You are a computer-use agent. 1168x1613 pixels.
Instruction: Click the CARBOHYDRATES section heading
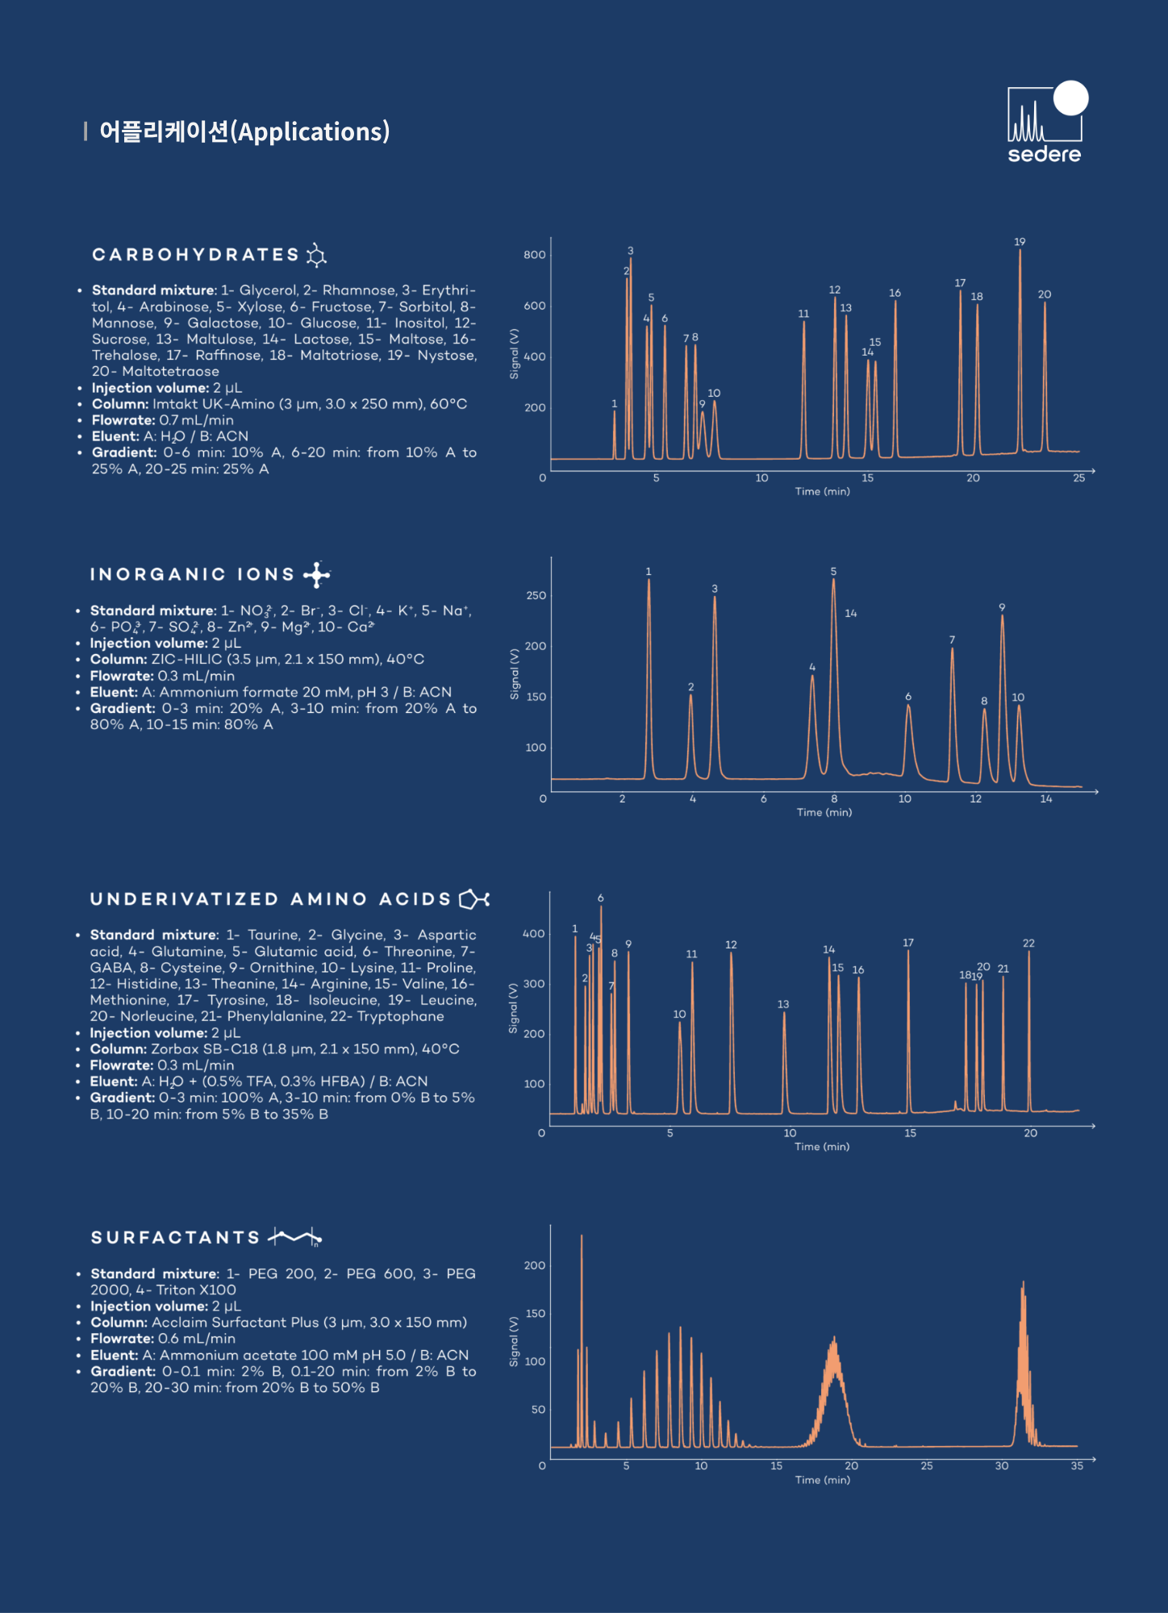click(196, 255)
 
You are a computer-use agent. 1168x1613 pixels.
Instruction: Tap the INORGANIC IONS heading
click(192, 574)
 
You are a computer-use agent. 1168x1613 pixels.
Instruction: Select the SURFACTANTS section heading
click(175, 1237)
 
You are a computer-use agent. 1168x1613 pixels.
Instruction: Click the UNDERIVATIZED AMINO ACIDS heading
click(270, 899)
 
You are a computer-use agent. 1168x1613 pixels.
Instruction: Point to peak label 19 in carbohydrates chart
click(1020, 242)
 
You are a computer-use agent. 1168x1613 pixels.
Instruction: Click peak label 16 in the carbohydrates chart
click(895, 293)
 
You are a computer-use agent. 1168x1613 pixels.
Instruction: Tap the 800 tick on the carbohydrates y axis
click(534, 255)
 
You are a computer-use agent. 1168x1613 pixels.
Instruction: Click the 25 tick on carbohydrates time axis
click(1078, 478)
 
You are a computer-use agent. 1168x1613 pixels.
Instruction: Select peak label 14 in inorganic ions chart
click(850, 614)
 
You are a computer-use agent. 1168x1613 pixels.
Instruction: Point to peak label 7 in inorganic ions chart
click(952, 640)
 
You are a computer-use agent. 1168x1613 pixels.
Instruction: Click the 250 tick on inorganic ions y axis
click(536, 595)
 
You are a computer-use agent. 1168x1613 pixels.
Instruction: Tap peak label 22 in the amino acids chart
click(1028, 943)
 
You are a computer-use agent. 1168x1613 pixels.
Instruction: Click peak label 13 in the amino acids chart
click(783, 1004)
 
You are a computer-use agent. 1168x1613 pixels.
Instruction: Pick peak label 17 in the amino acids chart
click(908, 943)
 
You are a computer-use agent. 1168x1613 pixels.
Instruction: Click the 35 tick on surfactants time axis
click(1077, 1466)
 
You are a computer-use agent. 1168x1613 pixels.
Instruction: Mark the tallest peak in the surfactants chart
click(582, 1237)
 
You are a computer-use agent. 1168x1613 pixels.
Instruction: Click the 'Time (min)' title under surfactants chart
click(823, 1480)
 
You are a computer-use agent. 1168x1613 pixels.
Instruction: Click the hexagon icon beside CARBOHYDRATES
click(316, 255)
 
